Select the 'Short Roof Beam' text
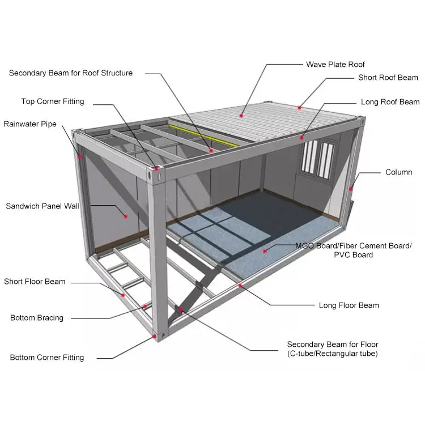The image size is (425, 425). (388, 78)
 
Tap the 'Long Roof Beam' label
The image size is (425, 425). (390, 102)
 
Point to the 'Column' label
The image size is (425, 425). (398, 172)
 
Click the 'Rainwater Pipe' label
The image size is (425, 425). (30, 124)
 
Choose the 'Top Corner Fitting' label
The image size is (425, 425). (53, 101)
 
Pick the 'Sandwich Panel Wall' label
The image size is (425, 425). (42, 206)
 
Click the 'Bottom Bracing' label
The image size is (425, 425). (37, 318)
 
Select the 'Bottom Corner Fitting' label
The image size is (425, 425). (47, 358)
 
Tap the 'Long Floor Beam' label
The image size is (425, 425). (349, 305)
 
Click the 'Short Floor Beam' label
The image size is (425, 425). (35, 282)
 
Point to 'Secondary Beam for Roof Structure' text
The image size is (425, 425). (71, 73)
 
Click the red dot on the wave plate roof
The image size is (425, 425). (241, 115)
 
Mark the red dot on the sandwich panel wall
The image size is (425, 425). (126, 215)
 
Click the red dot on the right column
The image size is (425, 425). (351, 189)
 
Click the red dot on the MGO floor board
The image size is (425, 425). (265, 249)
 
